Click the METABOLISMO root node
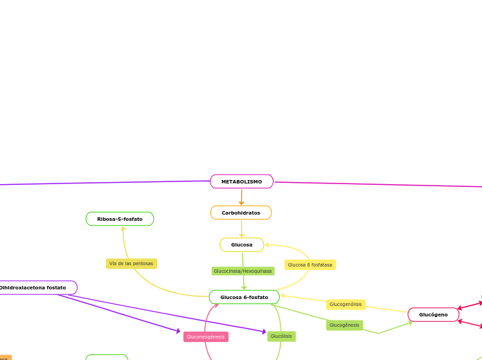pos(242,181)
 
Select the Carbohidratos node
pos(241,213)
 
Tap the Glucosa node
pos(242,244)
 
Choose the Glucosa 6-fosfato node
pos(244,297)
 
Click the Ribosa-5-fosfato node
pos(120,219)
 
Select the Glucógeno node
pos(434,314)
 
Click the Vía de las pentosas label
pos(132,264)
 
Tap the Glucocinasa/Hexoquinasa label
pos(242,271)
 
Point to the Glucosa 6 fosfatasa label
pos(310,264)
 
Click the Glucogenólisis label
pos(346,304)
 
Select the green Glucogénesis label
pos(344,325)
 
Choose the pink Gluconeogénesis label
pos(206,336)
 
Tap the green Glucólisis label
pos(281,336)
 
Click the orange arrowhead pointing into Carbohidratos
pos(241,202)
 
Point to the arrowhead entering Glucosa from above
pos(242,235)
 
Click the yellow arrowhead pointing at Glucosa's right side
pos(268,244)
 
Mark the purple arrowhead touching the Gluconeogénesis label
pos(179,332)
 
